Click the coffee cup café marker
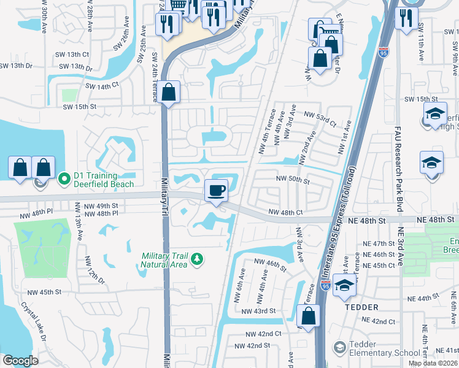(x=215, y=190)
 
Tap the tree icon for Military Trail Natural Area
(x=197, y=260)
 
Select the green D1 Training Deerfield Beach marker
(x=64, y=180)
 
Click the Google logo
(x=20, y=361)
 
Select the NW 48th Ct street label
(x=286, y=213)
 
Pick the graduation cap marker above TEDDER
(x=344, y=286)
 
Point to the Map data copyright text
(x=433, y=363)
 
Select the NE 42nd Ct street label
(x=379, y=321)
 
